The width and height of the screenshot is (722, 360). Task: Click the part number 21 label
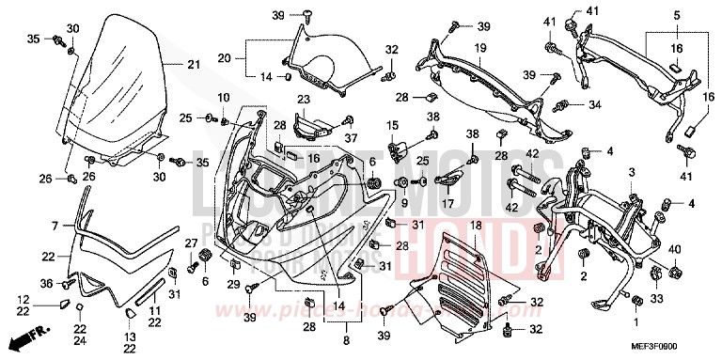click(194, 64)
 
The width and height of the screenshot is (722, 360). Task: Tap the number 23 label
click(304, 99)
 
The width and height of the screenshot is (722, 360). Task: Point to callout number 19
click(479, 47)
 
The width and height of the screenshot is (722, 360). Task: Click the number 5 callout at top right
click(676, 16)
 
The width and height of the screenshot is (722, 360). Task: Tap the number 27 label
click(191, 243)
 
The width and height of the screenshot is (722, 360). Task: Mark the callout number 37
click(352, 139)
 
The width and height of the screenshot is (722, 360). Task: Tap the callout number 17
click(448, 202)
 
